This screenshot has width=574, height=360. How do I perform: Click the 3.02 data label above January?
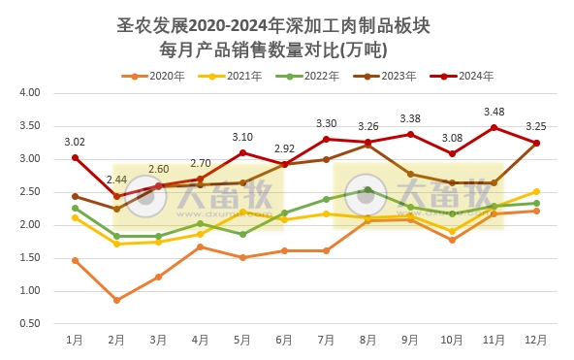tap(75, 142)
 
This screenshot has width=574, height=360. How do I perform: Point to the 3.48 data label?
tap(494, 112)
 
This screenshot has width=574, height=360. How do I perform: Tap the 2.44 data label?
tap(116, 180)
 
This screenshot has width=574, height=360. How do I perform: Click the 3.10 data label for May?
tap(242, 137)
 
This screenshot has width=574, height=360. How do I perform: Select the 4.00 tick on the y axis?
tap(28, 93)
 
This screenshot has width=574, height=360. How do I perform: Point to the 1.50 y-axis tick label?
tap(28, 258)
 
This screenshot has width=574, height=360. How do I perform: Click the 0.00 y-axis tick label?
tap(28, 324)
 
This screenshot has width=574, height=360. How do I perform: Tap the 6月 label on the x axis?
tap(284, 340)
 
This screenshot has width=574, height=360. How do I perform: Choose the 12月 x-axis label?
tap(535, 340)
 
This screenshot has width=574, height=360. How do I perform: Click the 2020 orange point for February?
tap(116, 300)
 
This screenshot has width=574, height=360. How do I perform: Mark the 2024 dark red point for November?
tap(494, 127)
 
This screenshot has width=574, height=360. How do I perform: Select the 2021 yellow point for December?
tap(535, 192)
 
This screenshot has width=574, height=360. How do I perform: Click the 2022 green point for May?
tap(242, 234)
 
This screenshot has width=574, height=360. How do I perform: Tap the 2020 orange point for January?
tap(75, 260)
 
